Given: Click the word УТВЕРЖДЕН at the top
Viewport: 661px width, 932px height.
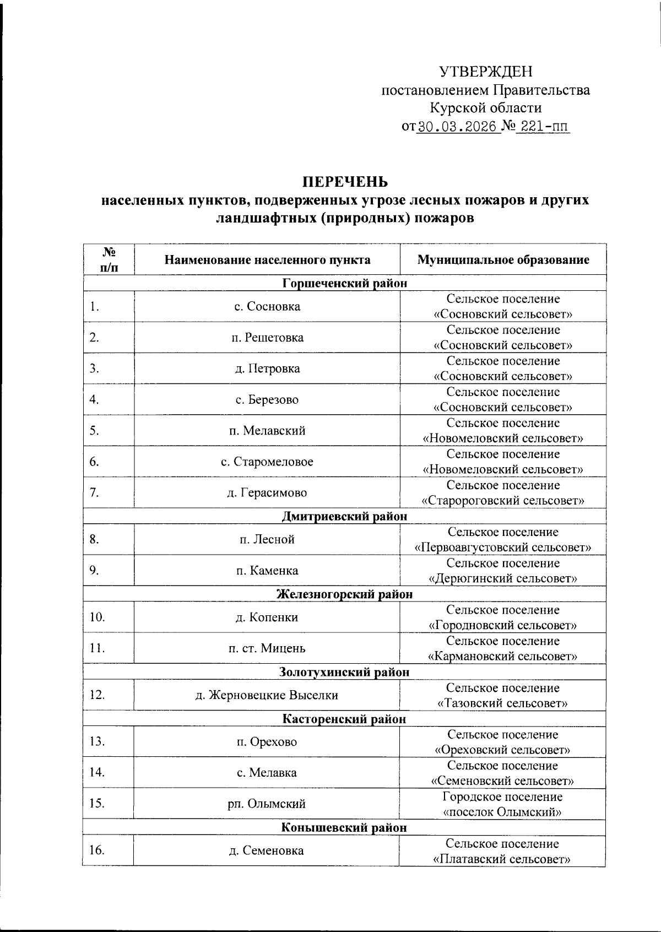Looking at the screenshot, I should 485,72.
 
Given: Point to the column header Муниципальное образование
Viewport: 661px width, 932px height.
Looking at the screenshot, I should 503,260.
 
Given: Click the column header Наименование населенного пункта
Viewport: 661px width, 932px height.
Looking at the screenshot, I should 267,260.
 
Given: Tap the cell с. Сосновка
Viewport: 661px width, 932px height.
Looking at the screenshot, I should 267,306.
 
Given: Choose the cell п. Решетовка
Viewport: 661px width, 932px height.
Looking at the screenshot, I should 267,338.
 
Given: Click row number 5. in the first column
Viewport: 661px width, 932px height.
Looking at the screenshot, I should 95,430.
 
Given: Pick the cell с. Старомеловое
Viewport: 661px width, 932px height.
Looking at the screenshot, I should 267,462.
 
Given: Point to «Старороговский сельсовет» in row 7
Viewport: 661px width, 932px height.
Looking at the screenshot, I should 503,501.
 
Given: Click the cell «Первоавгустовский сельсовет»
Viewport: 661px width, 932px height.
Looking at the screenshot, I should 503,548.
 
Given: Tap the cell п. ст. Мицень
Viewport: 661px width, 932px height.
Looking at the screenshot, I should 267,648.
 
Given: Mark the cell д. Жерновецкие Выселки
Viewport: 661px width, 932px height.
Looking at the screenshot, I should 267,695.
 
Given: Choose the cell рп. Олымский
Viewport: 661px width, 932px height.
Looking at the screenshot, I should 267,804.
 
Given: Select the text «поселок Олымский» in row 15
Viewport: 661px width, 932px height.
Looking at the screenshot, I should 503,812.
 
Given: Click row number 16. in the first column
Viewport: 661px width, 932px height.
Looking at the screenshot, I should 97,850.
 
